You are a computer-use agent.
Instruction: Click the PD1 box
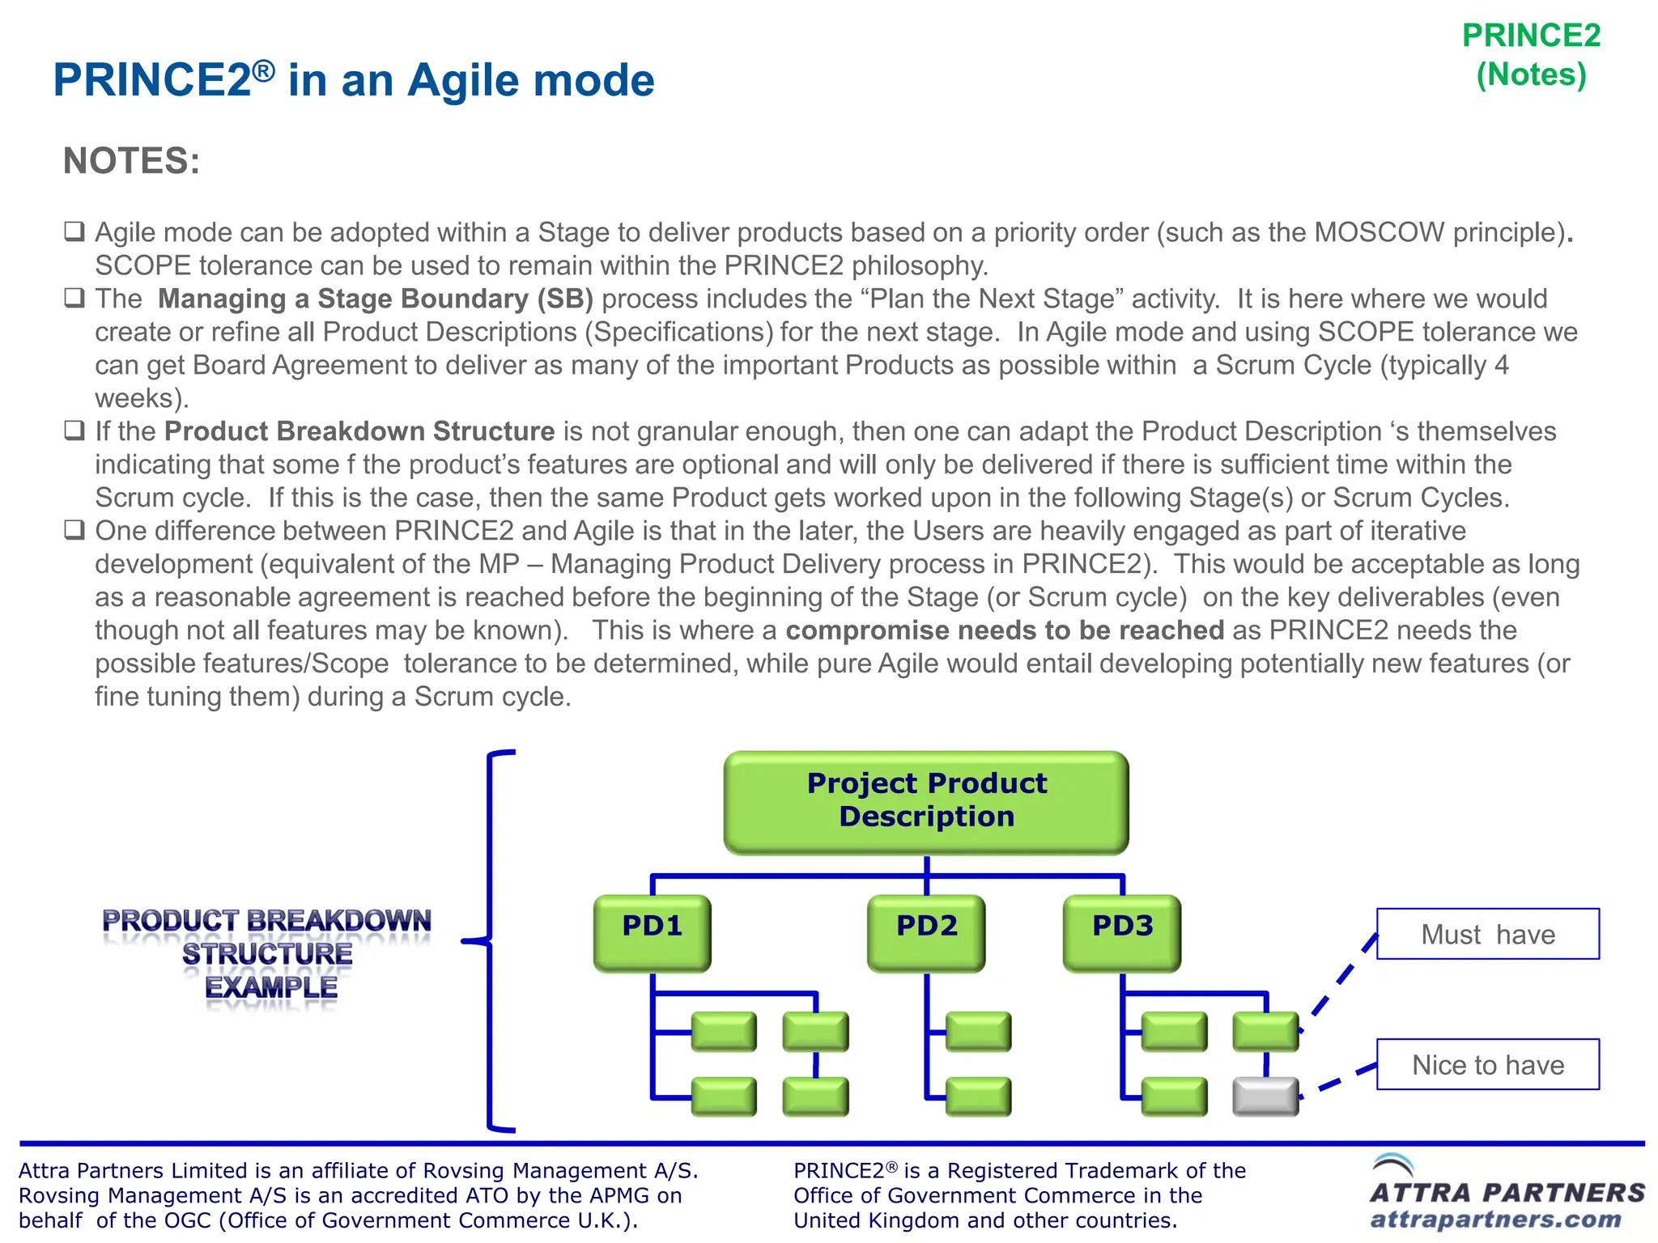coord(652,931)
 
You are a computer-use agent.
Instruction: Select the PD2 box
coord(926,931)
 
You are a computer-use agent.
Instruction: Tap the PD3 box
coord(1122,931)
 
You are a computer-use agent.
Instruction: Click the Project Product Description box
coord(926,802)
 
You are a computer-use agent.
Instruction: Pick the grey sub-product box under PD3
coord(1265,1097)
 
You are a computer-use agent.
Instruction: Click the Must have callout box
coord(1488,934)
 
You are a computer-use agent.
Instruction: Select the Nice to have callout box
coord(1488,1064)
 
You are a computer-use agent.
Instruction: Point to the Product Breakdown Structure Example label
coord(267,954)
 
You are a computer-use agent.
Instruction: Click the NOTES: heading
coord(131,160)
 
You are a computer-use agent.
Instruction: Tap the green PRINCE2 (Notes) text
coord(1531,55)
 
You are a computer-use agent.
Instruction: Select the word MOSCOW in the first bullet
coord(1379,233)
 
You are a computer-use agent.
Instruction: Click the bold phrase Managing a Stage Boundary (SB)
coord(376,299)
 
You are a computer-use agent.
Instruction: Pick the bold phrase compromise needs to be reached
coord(1005,630)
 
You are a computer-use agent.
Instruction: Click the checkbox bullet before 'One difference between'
coord(74,530)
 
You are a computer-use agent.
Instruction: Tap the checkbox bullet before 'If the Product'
coord(74,431)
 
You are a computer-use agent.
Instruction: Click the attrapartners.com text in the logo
coord(1495,1219)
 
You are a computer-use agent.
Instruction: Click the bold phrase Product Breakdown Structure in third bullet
coord(359,431)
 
